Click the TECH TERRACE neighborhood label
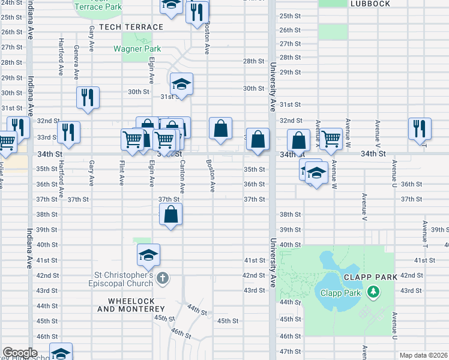pyautogui.click(x=131, y=27)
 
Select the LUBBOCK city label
pyautogui.click(x=370, y=4)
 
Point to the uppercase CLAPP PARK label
pyautogui.click(x=371, y=277)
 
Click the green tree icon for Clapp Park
pyautogui.click(x=373, y=292)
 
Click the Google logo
pyautogui.click(x=20, y=353)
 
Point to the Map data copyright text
pyautogui.click(x=424, y=355)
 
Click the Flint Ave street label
pyautogui.click(x=122, y=172)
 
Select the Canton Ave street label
pyautogui.click(x=182, y=175)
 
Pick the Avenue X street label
pyautogui.click(x=318, y=131)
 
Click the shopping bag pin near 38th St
pyautogui.click(x=171, y=214)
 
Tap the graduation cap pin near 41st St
pyautogui.click(x=148, y=255)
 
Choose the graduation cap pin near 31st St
pyautogui.click(x=181, y=83)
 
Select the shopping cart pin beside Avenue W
pyautogui.click(x=331, y=139)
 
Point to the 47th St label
pyautogui.click(x=290, y=351)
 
